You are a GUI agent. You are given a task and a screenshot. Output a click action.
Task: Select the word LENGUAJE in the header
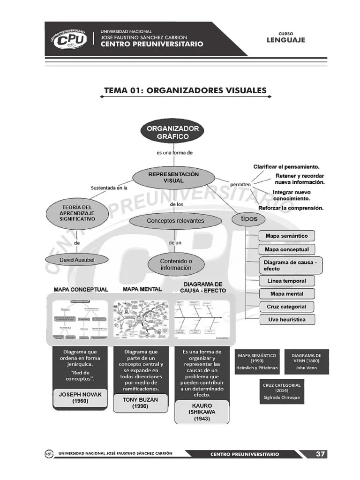pyautogui.click(x=285, y=40)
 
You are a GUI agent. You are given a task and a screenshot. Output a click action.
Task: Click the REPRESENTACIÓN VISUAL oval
pyautogui.click(x=173, y=177)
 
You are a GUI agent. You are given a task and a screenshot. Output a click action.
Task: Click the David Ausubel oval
pyautogui.click(x=77, y=259)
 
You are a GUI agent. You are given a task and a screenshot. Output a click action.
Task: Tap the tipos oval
pyautogui.click(x=248, y=219)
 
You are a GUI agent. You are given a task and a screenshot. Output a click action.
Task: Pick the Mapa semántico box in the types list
pyautogui.click(x=286, y=236)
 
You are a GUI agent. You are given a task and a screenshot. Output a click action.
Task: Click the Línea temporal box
pyautogui.click(x=286, y=281)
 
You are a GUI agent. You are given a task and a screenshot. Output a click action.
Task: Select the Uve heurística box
pyautogui.click(x=286, y=319)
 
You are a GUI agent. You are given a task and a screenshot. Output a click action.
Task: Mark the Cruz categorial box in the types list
pyautogui.click(x=286, y=307)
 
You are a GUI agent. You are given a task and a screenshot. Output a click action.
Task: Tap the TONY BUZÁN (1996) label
pyautogui.click(x=140, y=403)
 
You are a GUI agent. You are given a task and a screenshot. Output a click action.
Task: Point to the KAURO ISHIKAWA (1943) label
pyautogui.click(x=202, y=412)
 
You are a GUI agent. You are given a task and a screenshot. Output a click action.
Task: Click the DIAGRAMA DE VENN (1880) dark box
pyautogui.click(x=306, y=361)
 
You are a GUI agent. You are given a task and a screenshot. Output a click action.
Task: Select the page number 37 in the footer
pyautogui.click(x=320, y=454)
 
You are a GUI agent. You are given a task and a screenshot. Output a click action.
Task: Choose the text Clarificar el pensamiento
pyautogui.click(x=286, y=166)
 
